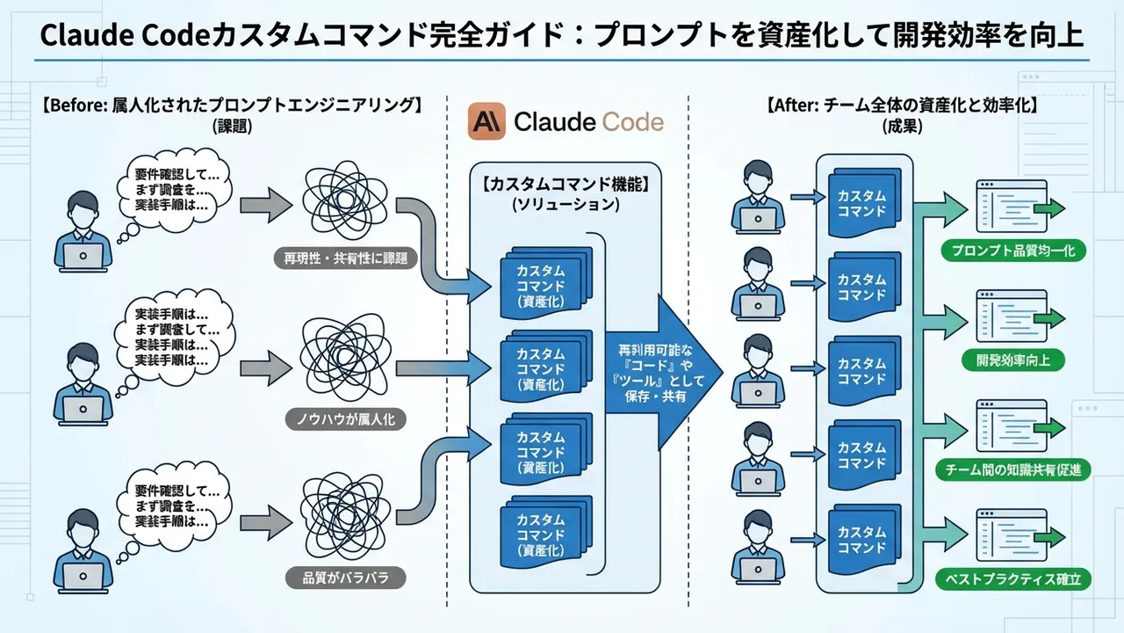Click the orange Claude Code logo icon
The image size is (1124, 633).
[x=486, y=122]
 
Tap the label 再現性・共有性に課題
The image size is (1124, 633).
[x=346, y=258]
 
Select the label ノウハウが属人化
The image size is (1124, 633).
[x=346, y=419]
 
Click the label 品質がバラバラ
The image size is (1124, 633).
[x=346, y=578]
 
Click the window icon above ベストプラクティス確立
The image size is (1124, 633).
[x=1012, y=536]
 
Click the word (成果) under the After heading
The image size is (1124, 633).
[x=903, y=127]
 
